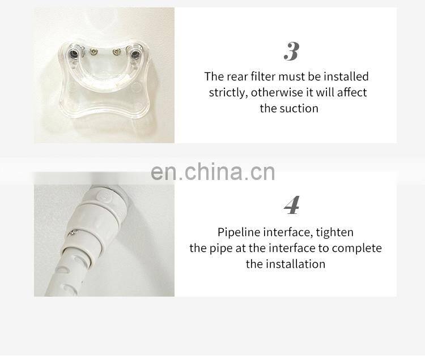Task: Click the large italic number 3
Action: (x=292, y=52)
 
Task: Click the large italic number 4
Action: (x=292, y=205)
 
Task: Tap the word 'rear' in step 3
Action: (x=237, y=76)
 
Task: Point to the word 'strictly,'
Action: (x=228, y=93)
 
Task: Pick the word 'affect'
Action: (x=352, y=92)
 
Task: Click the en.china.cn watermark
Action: (x=212, y=172)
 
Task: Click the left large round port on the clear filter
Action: (x=74, y=55)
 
